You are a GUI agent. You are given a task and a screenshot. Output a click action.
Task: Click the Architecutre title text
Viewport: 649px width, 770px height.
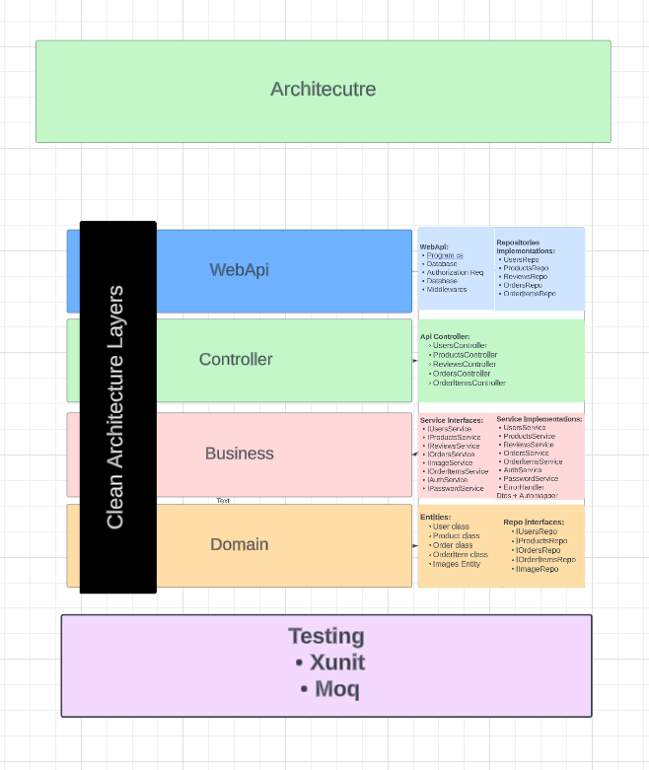[323, 90]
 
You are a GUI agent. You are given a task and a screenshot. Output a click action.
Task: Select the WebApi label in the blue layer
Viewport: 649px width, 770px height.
[239, 270]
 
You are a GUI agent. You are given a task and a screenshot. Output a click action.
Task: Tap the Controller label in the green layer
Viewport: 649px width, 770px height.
[236, 360]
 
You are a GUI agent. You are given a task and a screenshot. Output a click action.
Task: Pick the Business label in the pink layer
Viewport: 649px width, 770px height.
[239, 454]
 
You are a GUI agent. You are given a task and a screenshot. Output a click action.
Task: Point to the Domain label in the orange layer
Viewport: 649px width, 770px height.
[239, 544]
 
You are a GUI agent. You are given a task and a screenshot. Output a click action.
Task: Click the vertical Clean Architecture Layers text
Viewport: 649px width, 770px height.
[115, 407]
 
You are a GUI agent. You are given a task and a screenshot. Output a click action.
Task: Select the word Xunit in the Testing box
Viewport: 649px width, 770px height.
[336, 663]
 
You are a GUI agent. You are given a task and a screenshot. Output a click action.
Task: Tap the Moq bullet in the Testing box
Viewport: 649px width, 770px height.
[336, 689]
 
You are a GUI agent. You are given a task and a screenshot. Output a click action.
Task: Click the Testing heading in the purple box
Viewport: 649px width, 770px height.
[326, 637]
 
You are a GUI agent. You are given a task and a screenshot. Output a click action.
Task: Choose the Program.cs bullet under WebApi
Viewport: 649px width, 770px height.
[445, 255]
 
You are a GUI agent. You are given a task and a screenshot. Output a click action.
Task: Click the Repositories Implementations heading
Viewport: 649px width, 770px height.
[526, 246]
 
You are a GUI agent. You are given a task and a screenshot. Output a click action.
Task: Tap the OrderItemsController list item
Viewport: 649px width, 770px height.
[469, 383]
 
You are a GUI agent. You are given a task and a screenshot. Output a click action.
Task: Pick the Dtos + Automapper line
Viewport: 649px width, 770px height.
[527, 496]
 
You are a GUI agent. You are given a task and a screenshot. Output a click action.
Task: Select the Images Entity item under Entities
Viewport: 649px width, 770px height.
[456, 564]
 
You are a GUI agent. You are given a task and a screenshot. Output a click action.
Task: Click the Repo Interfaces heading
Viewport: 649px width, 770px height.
[534, 522]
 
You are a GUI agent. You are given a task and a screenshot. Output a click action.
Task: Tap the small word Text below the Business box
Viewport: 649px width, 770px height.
[223, 501]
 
